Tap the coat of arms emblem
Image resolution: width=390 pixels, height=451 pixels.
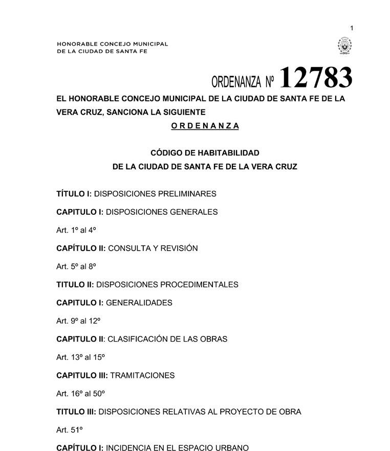(344, 47)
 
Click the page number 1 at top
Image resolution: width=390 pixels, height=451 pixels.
(352, 28)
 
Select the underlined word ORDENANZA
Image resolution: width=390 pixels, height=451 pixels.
(205, 126)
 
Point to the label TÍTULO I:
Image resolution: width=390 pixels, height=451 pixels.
(74, 194)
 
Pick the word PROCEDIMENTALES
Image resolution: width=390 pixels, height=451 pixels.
(199, 284)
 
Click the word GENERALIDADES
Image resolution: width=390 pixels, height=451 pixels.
(139, 303)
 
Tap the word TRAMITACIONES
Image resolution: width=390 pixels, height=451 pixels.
(142, 375)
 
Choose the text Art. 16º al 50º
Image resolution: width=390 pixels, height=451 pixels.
(80, 393)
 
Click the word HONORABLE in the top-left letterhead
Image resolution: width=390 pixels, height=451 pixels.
(75, 44)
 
